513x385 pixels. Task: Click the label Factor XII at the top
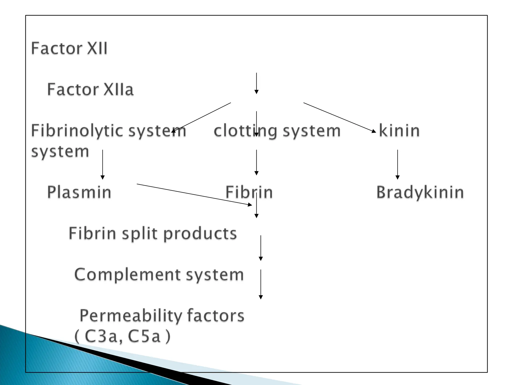click(x=69, y=48)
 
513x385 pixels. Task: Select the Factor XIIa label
click(x=90, y=89)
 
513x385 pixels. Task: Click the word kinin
click(x=399, y=131)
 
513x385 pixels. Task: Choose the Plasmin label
click(x=79, y=192)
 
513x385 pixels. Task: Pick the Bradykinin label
click(x=420, y=192)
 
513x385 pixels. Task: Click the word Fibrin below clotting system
click(x=249, y=192)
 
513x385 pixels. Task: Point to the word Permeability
click(x=131, y=316)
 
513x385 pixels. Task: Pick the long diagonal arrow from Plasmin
click(x=194, y=195)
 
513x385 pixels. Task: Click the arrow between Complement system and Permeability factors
click(x=261, y=284)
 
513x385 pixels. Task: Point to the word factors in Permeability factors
click(x=215, y=316)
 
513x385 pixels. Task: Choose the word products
click(x=200, y=234)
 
